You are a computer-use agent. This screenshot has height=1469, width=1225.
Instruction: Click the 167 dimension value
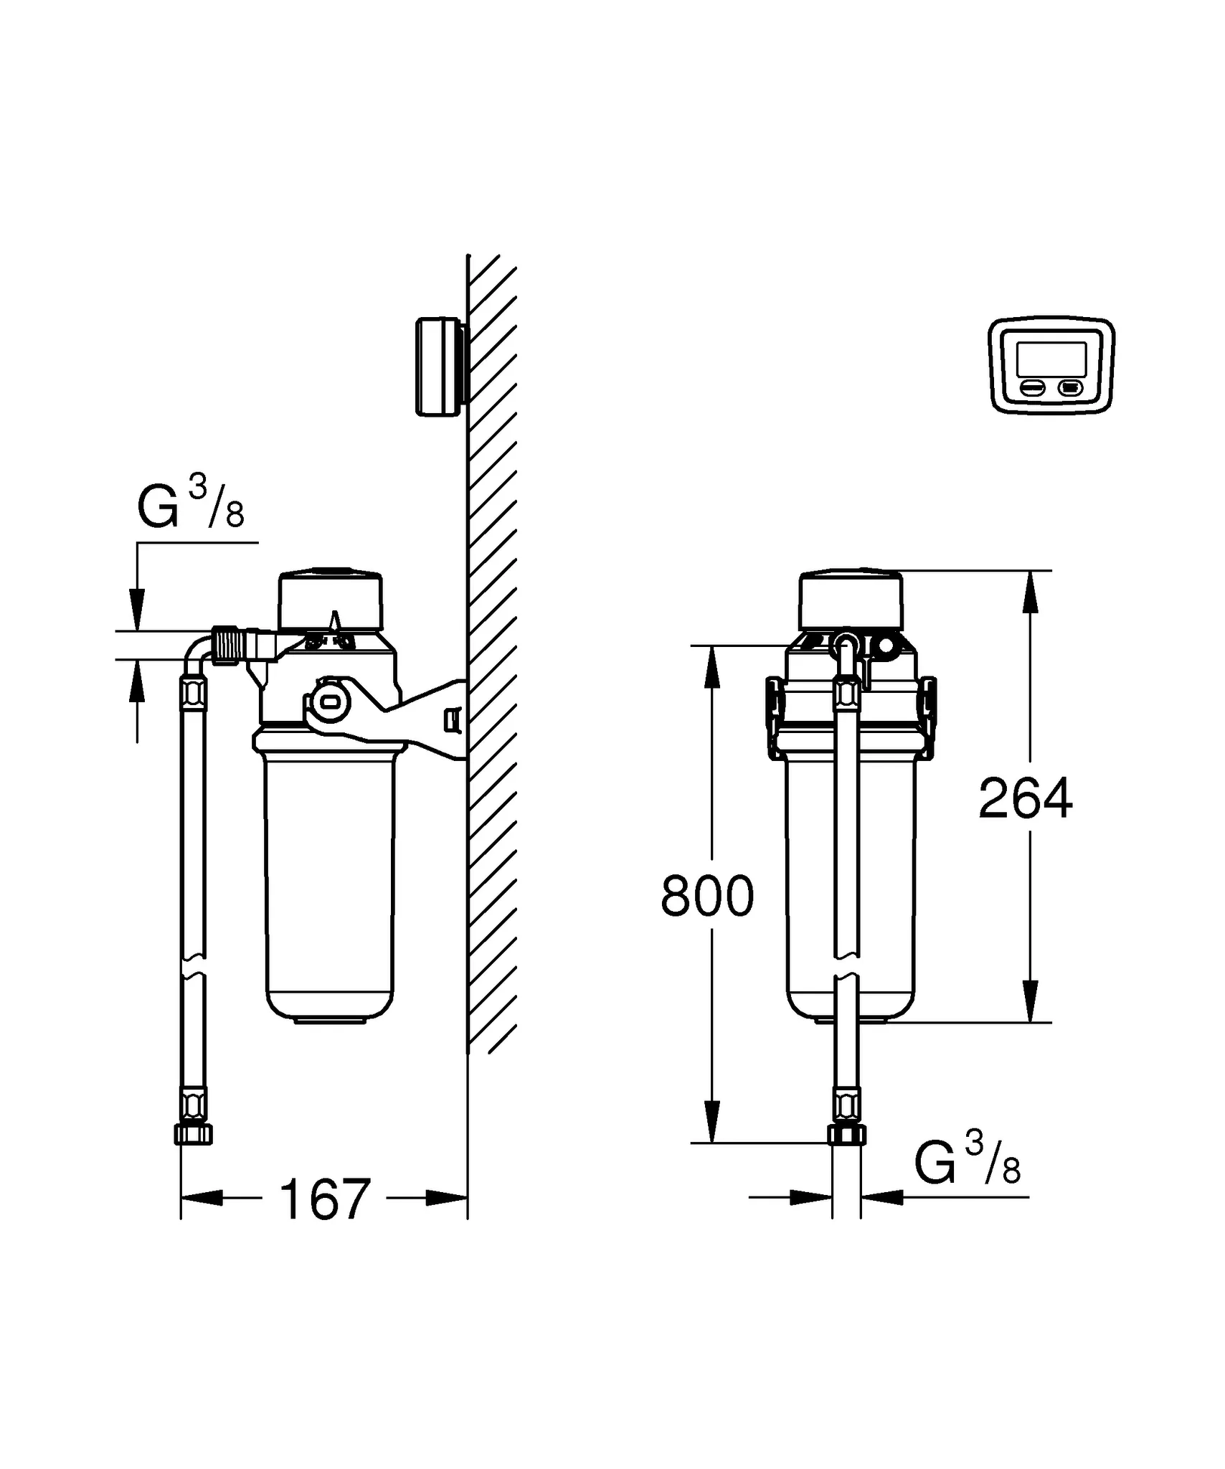[324, 1199]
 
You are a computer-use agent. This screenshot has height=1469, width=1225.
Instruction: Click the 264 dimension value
[1025, 798]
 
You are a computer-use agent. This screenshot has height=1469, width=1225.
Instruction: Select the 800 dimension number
[706, 896]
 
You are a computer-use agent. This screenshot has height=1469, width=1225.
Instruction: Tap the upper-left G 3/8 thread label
[190, 505]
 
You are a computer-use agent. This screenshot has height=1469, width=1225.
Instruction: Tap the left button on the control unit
[1034, 388]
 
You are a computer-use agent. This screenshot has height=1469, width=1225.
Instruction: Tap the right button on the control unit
[1070, 388]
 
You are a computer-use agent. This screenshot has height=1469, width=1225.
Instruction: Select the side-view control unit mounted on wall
[439, 366]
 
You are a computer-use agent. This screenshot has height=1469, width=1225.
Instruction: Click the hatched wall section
[492, 646]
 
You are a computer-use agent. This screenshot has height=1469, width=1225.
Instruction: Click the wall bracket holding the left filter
[423, 717]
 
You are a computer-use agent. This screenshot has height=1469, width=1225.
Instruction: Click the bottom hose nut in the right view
[847, 1134]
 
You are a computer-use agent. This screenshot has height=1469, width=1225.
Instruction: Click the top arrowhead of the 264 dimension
[1030, 592]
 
